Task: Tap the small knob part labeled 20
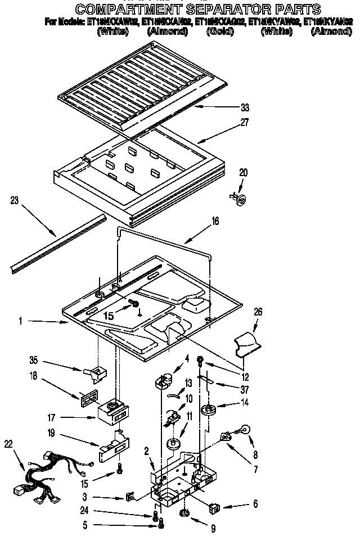tap(240, 197)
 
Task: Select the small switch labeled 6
tap(214, 508)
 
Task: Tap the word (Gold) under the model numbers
tap(219, 31)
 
